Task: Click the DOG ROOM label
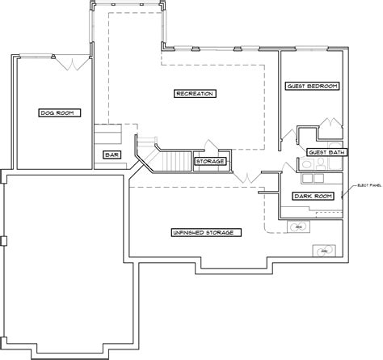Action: (57, 112)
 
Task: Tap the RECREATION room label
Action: (194, 94)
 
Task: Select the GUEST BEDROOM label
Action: (312, 86)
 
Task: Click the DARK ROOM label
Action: (312, 196)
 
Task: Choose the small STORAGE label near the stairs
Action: (209, 162)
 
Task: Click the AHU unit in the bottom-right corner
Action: (325, 251)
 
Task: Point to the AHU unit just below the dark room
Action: (298, 227)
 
